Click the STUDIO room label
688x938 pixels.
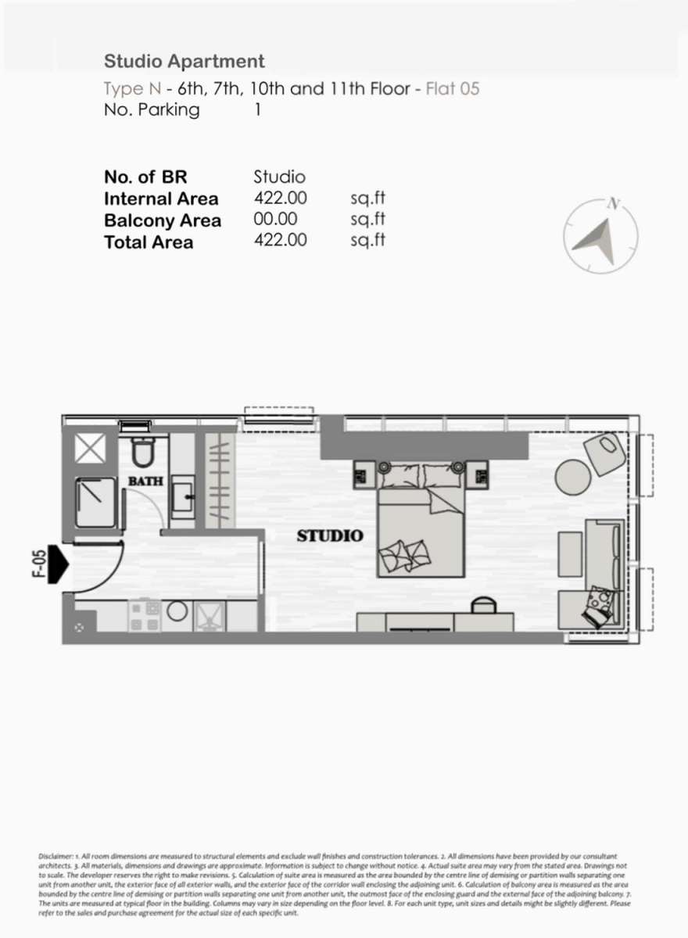pyautogui.click(x=330, y=536)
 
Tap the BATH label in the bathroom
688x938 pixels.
pyautogui.click(x=145, y=482)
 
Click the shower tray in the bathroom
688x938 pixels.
pyautogui.click(x=95, y=503)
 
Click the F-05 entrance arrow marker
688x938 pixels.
pyautogui.click(x=58, y=564)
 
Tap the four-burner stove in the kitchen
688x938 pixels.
pyautogui.click(x=145, y=617)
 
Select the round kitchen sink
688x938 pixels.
pyautogui.click(x=177, y=612)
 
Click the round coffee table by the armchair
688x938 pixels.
pyautogui.click(x=573, y=478)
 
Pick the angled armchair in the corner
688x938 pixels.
pyautogui.click(x=604, y=454)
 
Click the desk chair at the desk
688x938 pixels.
pyautogui.click(x=484, y=606)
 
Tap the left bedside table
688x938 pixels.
pyautogui.click(x=364, y=475)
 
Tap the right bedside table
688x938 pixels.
pyautogui.click(x=477, y=475)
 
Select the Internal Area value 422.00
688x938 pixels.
pyautogui.click(x=280, y=198)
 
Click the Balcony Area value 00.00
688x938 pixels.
pyautogui.click(x=275, y=219)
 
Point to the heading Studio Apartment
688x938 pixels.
pyautogui.click(x=185, y=62)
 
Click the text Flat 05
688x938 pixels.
pyautogui.click(x=453, y=89)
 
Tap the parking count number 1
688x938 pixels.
pyautogui.click(x=258, y=109)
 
